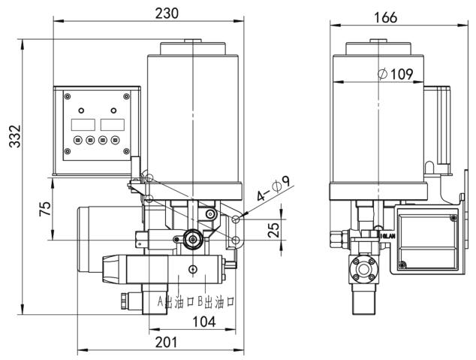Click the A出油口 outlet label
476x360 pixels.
(x=172, y=301)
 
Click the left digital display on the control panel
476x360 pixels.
(x=82, y=124)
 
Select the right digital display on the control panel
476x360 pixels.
(x=110, y=124)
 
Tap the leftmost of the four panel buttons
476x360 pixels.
(x=77, y=140)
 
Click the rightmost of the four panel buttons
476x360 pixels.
(x=115, y=140)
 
